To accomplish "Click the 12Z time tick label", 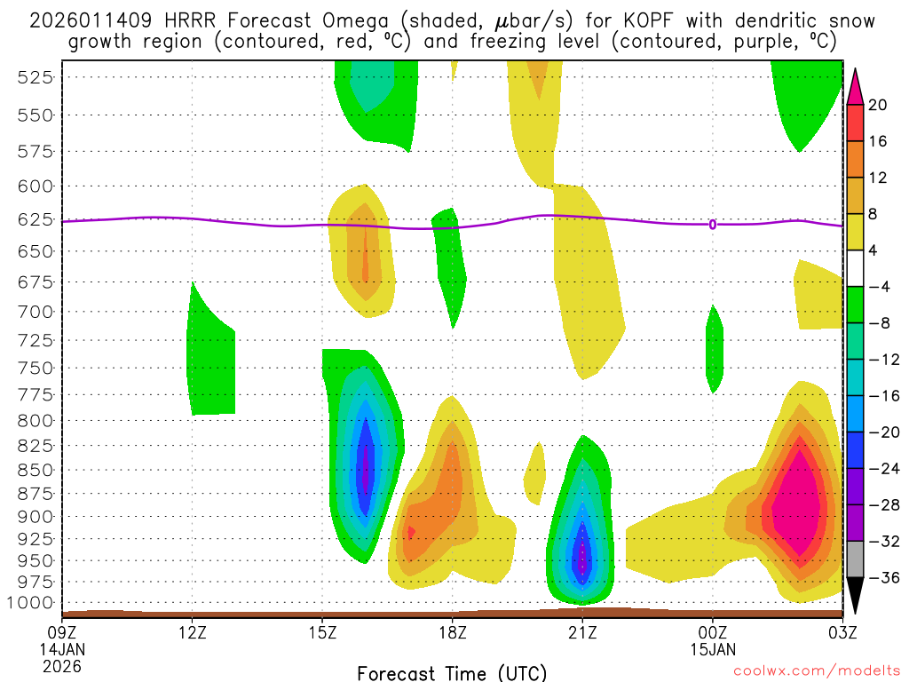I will (x=193, y=633).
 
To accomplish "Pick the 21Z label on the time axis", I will (x=582, y=633).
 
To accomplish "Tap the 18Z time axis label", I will (x=453, y=633).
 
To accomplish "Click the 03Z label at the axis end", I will (x=841, y=633).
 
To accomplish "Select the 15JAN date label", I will (x=712, y=649).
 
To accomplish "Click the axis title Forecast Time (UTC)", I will (x=453, y=672).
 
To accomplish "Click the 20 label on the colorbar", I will (x=878, y=105).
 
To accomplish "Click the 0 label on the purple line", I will (x=712, y=225).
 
